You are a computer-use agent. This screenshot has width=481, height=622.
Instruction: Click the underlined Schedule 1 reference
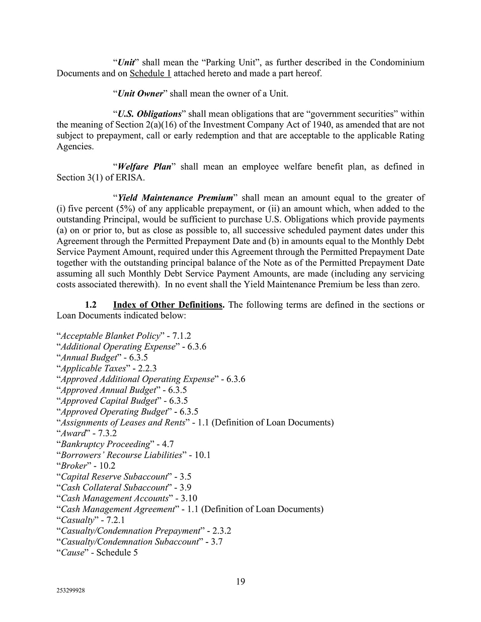150,73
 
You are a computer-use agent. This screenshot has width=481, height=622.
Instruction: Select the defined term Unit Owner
140,94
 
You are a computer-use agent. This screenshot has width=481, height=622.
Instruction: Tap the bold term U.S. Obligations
149,114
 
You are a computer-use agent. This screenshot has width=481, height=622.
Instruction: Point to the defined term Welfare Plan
144,166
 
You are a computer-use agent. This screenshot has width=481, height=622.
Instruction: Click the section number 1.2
91,305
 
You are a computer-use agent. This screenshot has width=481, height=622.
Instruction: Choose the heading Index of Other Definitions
168,305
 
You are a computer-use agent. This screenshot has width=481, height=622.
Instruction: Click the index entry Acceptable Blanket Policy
111,336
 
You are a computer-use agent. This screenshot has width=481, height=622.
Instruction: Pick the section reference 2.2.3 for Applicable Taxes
144,369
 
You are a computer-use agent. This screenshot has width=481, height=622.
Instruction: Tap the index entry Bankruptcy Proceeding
105,445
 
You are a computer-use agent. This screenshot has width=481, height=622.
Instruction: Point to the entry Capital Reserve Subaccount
114,477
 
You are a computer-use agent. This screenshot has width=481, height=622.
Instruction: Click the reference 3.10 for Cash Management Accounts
189,498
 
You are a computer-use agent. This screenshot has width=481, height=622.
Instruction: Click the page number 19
240,582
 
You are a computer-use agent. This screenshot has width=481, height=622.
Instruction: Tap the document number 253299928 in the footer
71,591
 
